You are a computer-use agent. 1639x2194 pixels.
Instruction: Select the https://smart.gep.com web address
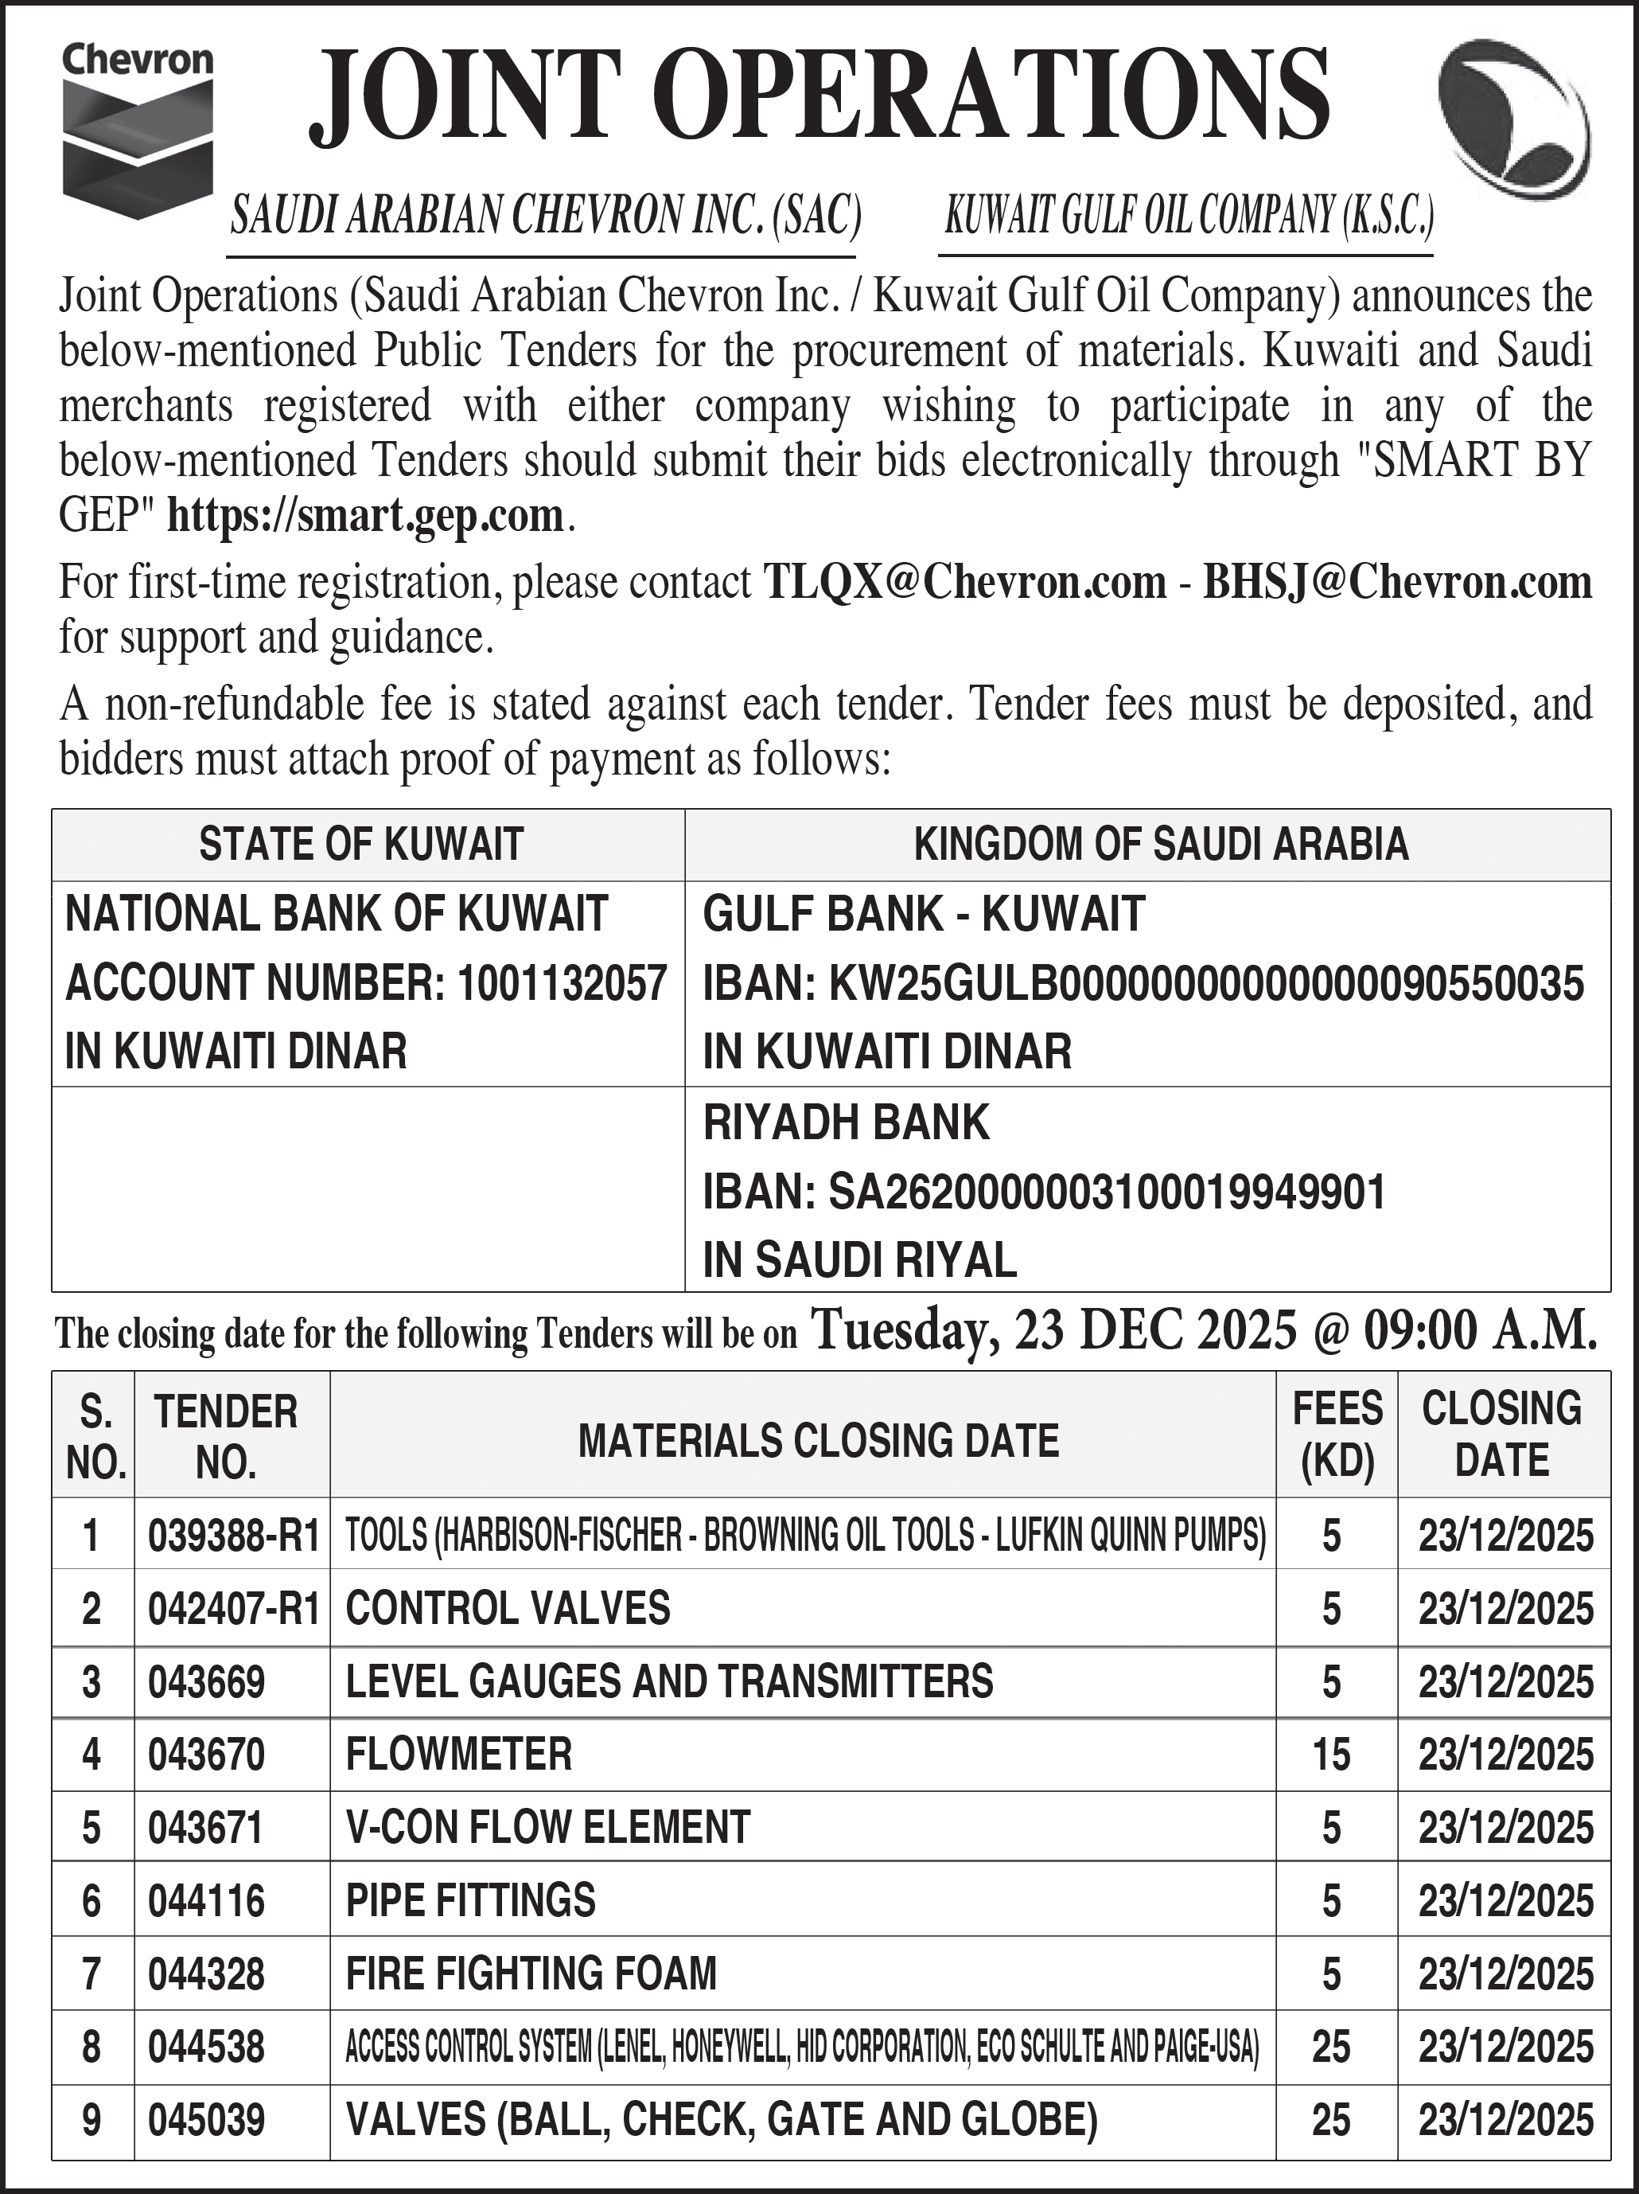click(x=365, y=516)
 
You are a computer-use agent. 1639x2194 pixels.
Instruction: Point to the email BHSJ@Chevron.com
click(x=1396, y=582)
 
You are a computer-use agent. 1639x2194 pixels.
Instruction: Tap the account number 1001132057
click(x=561, y=983)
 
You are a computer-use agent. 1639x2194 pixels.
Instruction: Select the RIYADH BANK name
click(x=846, y=1122)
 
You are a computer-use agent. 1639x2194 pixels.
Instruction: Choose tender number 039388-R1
click(x=233, y=1536)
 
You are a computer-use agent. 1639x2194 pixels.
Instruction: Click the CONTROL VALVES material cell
click(x=508, y=1608)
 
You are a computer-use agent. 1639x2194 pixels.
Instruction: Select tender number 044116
click(x=206, y=1901)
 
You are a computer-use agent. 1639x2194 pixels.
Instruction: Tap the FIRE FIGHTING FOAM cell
click(x=531, y=1973)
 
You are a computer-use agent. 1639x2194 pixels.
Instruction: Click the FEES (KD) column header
click(x=1337, y=1435)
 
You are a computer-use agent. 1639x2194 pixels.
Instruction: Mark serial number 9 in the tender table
click(x=91, y=2120)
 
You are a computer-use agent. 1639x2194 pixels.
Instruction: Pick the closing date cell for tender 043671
click(x=1505, y=1828)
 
